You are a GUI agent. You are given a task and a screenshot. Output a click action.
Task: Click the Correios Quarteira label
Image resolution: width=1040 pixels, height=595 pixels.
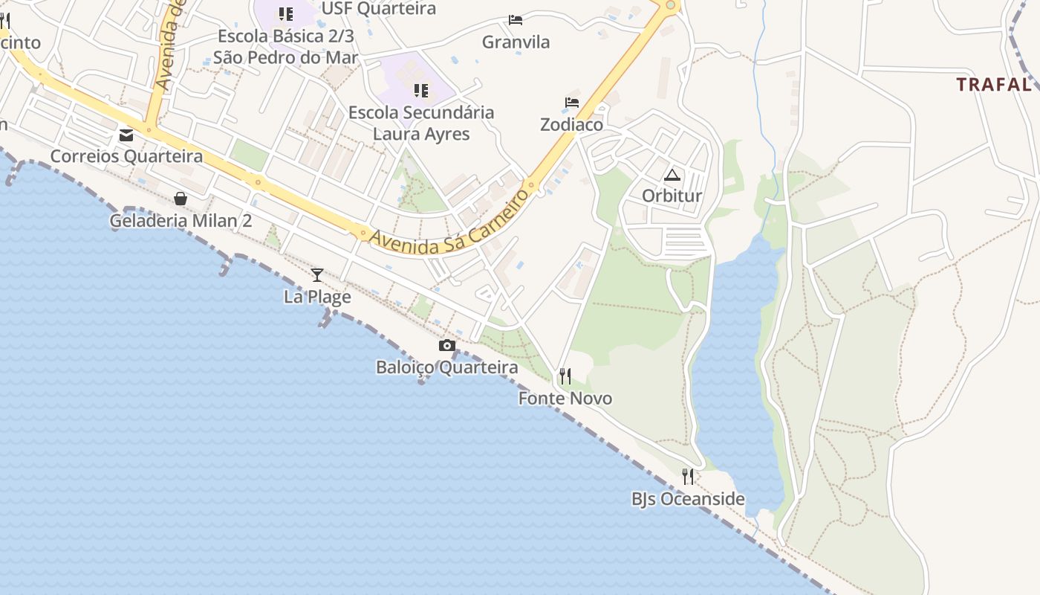click(126, 156)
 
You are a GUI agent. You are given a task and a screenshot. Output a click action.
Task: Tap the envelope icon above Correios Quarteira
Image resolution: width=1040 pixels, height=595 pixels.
click(126, 135)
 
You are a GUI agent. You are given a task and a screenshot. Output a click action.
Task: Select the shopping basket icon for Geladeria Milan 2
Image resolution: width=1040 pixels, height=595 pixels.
click(181, 199)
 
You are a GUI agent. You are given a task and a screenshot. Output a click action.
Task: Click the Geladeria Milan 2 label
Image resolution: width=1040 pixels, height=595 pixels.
click(181, 221)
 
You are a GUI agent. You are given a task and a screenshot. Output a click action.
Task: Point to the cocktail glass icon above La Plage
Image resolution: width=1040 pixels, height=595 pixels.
click(317, 275)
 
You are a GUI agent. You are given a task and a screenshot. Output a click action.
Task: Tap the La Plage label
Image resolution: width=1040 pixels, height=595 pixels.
click(317, 297)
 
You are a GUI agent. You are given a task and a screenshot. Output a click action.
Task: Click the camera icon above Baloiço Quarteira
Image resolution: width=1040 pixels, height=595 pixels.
click(447, 345)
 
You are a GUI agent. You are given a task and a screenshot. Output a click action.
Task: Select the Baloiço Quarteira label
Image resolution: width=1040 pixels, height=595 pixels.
click(447, 367)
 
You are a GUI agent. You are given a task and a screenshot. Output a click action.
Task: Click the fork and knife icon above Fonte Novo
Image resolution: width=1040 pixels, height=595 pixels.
click(565, 376)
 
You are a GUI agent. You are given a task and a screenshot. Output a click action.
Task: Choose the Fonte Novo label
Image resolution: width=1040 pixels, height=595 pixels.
click(565, 399)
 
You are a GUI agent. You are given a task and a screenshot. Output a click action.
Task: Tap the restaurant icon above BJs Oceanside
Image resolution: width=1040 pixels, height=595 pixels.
click(688, 477)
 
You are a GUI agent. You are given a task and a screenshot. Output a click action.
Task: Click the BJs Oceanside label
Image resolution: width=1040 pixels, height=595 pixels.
click(688, 499)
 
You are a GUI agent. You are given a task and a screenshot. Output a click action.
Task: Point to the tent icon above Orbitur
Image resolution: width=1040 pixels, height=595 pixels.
click(672, 175)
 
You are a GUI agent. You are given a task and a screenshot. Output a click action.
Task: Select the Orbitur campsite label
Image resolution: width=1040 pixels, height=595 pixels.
click(672, 196)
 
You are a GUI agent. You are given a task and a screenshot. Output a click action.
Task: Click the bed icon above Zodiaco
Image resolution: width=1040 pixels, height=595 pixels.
click(572, 103)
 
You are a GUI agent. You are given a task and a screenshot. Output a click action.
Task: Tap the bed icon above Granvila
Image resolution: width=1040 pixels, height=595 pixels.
click(516, 19)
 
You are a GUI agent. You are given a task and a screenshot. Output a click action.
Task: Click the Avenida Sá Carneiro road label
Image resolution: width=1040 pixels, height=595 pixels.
click(449, 222)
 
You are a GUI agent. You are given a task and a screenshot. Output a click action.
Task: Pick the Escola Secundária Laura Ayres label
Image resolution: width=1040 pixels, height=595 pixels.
click(421, 123)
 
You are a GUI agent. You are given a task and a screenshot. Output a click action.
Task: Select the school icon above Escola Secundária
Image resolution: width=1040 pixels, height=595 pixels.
click(421, 91)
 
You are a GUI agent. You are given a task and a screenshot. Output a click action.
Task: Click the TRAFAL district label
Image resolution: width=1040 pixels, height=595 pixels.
click(994, 85)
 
